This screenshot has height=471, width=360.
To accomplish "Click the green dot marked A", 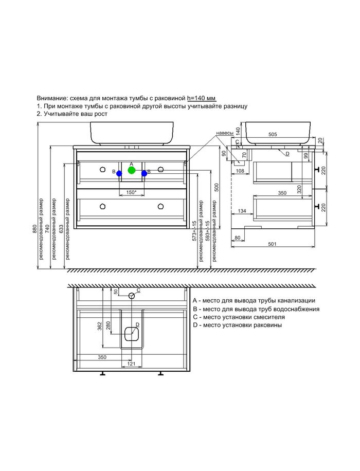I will point(132,170).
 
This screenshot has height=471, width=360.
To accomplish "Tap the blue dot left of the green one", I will point(119,174).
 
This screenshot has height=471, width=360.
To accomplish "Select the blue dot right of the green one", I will point(145,174).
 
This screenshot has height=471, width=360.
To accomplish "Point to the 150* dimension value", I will point(131,192).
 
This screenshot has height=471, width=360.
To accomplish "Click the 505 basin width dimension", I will point(273,134).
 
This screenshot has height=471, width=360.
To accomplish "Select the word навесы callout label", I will point(225,133).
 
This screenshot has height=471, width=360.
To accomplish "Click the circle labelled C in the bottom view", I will point(132,295).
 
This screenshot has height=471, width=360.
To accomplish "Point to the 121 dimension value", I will point(131,364).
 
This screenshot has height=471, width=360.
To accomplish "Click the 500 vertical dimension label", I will point(216,187).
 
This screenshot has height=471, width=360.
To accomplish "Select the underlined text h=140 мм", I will point(202,98).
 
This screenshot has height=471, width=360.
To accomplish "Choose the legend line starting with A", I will point(254,300).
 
